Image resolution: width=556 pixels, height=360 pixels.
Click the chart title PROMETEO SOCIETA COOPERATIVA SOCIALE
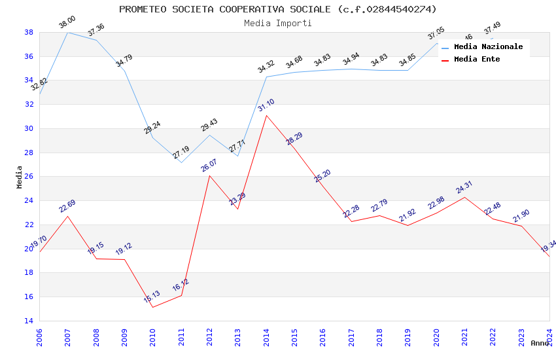tap(277, 9)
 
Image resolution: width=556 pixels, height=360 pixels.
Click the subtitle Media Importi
tap(277, 23)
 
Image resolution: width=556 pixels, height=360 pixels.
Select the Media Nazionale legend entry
tap(488, 46)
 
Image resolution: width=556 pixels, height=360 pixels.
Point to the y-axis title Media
tap(19, 176)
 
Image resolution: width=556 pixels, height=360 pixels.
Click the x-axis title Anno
tap(540, 343)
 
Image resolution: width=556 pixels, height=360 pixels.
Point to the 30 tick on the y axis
tap(29, 128)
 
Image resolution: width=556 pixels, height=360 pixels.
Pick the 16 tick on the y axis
tap(29, 297)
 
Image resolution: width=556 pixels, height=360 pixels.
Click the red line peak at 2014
tap(266, 115)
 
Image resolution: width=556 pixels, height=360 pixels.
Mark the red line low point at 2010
tap(152, 307)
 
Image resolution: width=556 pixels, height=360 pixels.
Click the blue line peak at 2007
tap(67, 32)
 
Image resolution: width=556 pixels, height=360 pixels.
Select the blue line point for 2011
tap(181, 162)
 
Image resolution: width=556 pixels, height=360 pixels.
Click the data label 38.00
tap(67, 22)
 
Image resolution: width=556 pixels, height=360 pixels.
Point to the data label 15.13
tap(152, 297)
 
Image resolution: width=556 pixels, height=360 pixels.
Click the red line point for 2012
tap(209, 175)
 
